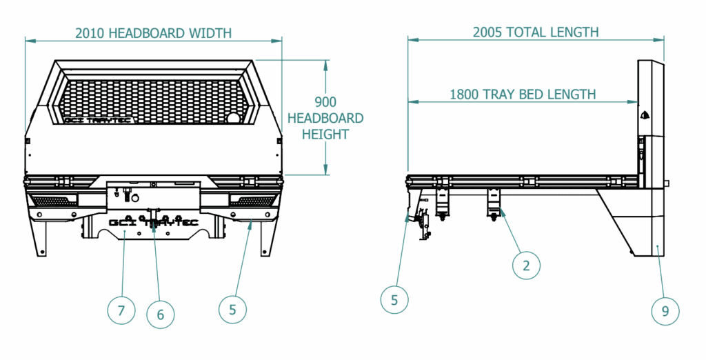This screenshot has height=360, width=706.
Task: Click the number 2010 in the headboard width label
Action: point(90,33)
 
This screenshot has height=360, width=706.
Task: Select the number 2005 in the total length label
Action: point(487,32)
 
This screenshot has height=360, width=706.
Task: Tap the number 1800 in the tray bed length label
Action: point(464,94)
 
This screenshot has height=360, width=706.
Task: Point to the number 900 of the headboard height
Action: point(325,102)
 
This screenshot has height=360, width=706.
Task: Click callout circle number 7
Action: point(121,310)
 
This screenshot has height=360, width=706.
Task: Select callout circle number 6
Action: point(161,314)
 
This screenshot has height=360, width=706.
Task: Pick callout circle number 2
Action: point(526,266)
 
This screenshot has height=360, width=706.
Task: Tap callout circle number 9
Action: point(665,310)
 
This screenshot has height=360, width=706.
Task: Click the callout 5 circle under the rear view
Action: point(233,310)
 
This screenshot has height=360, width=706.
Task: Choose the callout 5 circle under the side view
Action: point(394,299)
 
